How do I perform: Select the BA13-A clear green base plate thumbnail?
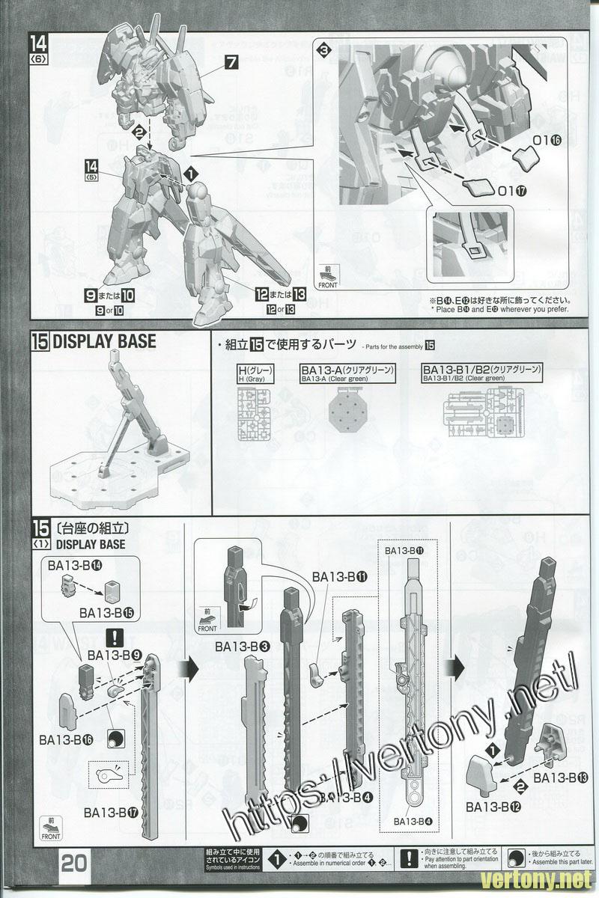click(347, 412)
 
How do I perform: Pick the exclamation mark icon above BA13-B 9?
click(115, 638)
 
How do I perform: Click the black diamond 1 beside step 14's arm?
click(192, 173)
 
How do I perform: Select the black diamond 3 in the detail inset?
click(323, 51)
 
